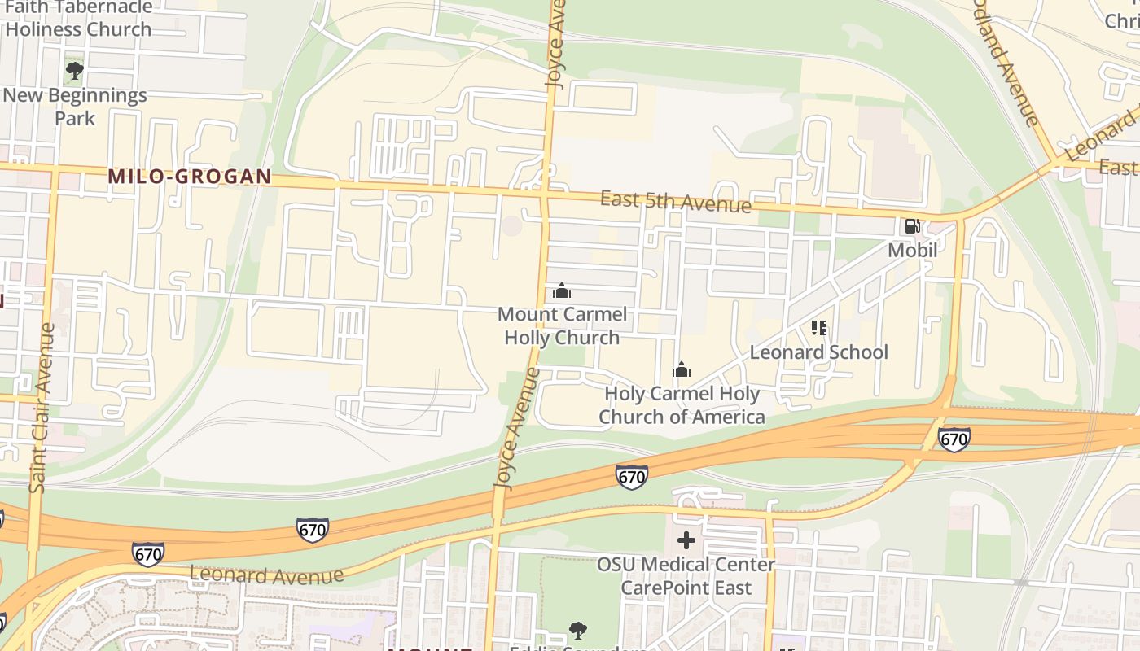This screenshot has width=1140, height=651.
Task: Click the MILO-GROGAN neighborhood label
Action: pos(189,177)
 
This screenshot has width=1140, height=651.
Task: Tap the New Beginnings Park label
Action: pos(75,107)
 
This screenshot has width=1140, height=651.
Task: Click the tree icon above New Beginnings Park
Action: pos(75,71)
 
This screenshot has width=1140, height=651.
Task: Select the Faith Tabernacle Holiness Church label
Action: pos(78,18)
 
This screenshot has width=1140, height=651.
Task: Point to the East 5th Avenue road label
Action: pos(675,201)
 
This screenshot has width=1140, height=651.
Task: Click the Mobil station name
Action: pos(912,250)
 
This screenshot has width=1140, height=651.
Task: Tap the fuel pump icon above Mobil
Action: pos(912,225)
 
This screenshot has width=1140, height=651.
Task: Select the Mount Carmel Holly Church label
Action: pos(562,325)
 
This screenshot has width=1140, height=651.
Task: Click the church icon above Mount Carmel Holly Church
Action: pos(561,291)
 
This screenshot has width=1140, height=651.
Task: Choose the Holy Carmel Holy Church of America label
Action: pos(682,405)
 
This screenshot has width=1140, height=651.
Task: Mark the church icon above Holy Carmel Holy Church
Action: pos(682,370)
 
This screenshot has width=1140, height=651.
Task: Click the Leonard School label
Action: pos(818,352)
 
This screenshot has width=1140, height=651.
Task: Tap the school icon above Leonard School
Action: pos(819,328)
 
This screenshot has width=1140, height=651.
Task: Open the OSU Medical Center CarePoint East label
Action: pos(686,575)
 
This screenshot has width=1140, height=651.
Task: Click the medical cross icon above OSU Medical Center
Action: pos(686,540)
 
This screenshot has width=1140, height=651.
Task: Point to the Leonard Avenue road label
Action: pos(266,575)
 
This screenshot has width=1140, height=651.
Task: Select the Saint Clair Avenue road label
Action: pos(41,407)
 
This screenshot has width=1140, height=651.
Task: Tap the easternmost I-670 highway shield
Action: pos(954,440)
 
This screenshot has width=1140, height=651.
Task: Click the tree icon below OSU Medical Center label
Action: pos(578,630)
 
